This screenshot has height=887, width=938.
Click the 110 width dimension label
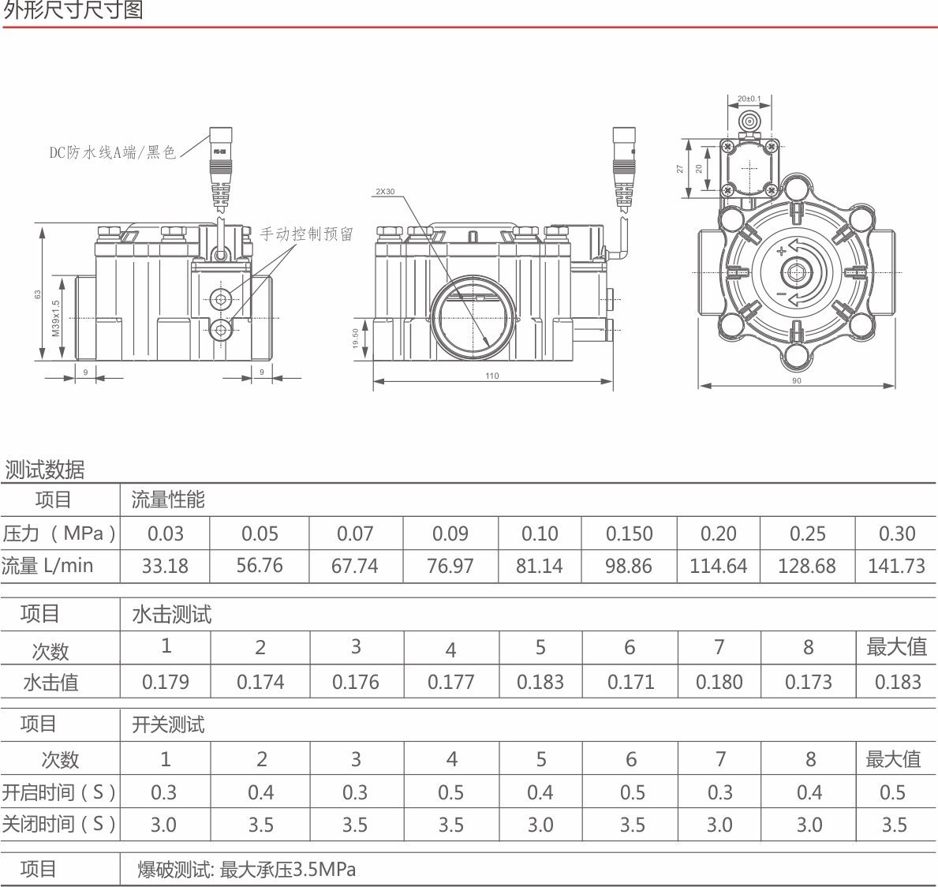click(491, 376)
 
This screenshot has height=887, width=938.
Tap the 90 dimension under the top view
click(796, 380)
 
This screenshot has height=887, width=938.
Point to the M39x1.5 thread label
click(56, 318)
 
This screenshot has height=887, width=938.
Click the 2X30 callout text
click(385, 192)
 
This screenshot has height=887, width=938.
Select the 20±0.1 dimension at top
click(749, 99)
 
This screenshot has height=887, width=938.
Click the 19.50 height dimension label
click(355, 339)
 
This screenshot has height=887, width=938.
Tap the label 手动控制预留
click(306, 234)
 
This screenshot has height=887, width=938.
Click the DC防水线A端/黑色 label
click(113, 152)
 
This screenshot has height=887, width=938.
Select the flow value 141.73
click(896, 566)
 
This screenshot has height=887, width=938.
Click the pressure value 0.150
click(629, 533)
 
